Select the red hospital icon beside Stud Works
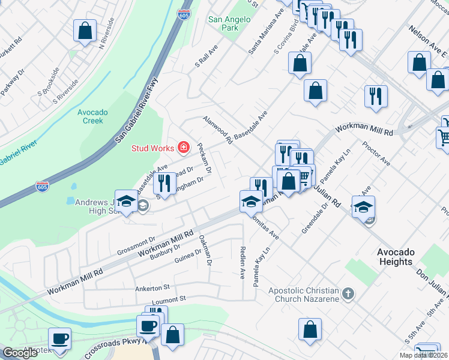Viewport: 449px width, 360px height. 183,148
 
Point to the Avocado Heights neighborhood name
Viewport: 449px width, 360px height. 396,257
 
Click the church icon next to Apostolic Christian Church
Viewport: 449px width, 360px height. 348,295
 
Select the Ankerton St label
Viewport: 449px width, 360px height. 152,287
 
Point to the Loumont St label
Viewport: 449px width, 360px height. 170,298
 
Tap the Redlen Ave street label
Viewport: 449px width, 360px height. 243,263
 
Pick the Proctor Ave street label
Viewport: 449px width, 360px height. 376,154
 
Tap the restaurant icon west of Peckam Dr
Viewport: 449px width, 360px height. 163,182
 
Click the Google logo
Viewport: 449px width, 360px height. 20,353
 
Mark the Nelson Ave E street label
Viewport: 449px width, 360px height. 428,40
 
